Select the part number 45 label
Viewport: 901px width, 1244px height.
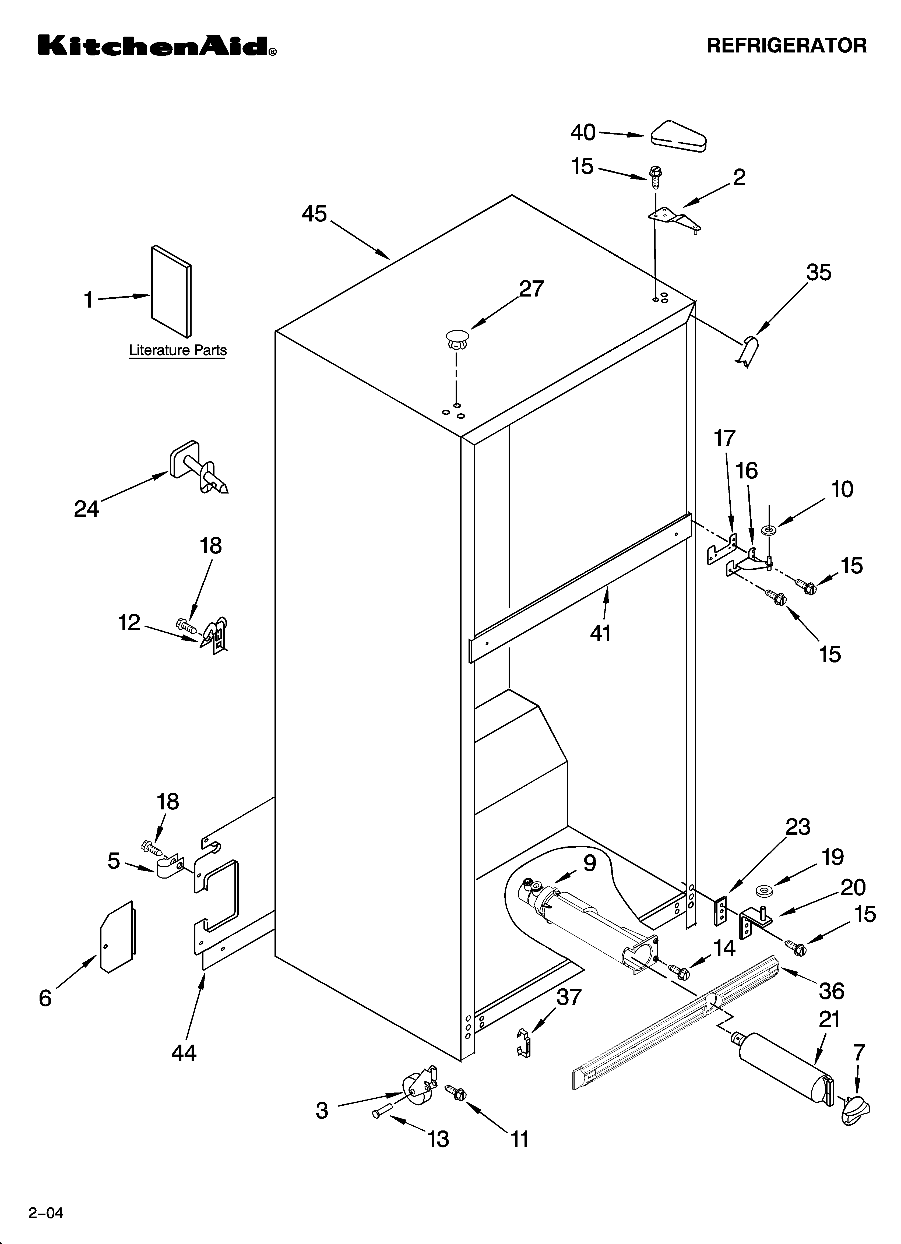(314, 214)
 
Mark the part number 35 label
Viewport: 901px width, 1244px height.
(819, 273)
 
